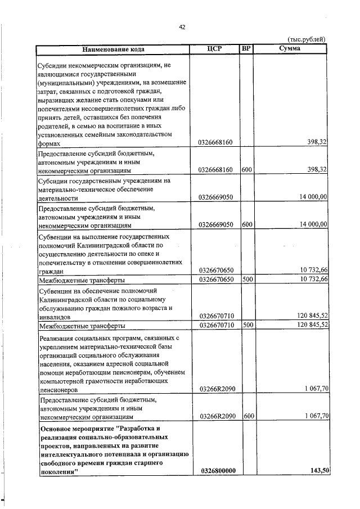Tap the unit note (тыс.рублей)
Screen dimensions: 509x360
pyautogui.click(x=307, y=39)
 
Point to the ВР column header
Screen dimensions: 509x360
pyautogui.click(x=246, y=48)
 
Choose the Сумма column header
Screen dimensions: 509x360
pyautogui.click(x=290, y=48)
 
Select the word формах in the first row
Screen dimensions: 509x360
pyautogui.click(x=48, y=143)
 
